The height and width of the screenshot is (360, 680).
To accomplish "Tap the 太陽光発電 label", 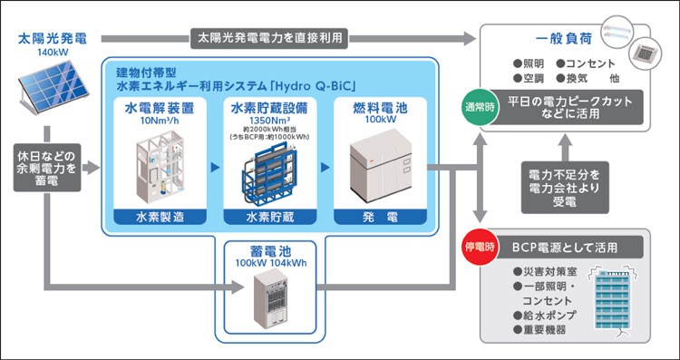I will point(50,39).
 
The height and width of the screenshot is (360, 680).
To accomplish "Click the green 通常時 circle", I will point(481,108).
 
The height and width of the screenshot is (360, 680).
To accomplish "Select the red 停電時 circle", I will point(481,247).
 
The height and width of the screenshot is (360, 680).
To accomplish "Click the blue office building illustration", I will point(617,299).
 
